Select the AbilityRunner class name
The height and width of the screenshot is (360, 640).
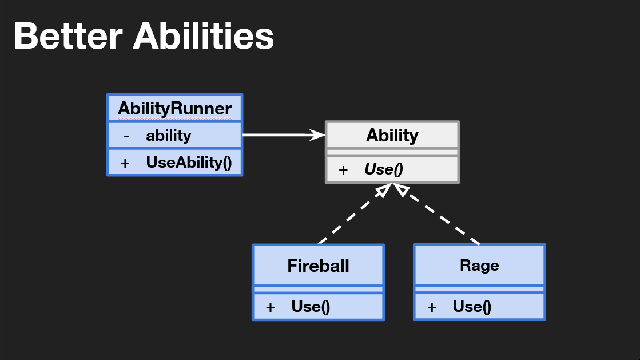174,108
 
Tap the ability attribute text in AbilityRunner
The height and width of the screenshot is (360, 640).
168,136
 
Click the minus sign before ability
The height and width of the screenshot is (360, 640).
126,136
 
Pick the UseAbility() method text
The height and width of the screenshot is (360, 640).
189,163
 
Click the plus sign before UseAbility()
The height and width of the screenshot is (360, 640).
125,163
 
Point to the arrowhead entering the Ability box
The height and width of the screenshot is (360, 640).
317,135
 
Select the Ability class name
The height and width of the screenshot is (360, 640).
392,136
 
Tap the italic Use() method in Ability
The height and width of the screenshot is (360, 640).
384,169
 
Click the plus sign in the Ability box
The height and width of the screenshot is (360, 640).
343,170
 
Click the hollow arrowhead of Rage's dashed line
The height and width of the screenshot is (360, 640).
403,191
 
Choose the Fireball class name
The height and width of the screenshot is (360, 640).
318,266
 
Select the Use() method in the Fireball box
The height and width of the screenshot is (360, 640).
311,307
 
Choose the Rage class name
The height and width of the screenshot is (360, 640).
479,266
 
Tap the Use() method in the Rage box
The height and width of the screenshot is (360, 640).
472,307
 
